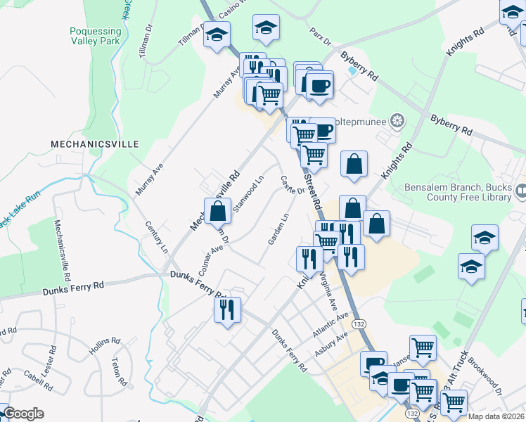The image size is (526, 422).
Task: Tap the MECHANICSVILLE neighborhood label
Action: click(x=95, y=143)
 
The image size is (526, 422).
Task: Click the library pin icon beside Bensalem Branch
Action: click(x=521, y=190)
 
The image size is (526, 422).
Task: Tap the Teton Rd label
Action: click(x=118, y=372)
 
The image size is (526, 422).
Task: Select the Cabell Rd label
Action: click(x=38, y=381)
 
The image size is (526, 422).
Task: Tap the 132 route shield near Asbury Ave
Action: click(x=359, y=324)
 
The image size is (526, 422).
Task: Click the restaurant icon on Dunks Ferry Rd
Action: click(x=227, y=309)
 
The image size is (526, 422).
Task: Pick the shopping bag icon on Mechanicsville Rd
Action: click(x=218, y=210)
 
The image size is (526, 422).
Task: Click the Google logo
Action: click(x=23, y=414)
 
